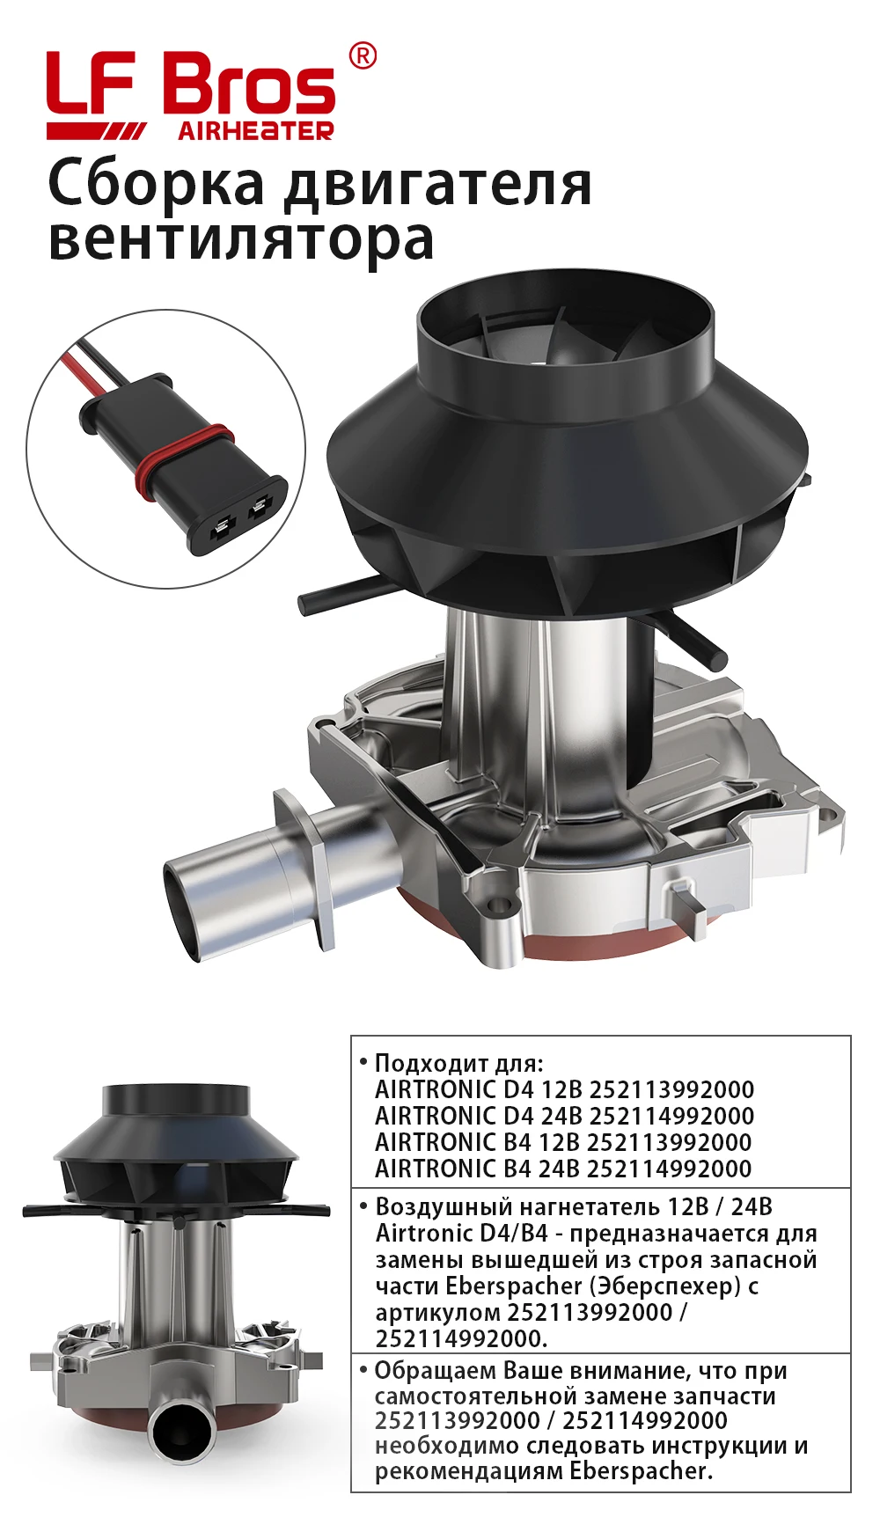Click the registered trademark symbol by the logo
point(363,55)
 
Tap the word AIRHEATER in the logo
point(256,131)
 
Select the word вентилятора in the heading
point(241,238)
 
